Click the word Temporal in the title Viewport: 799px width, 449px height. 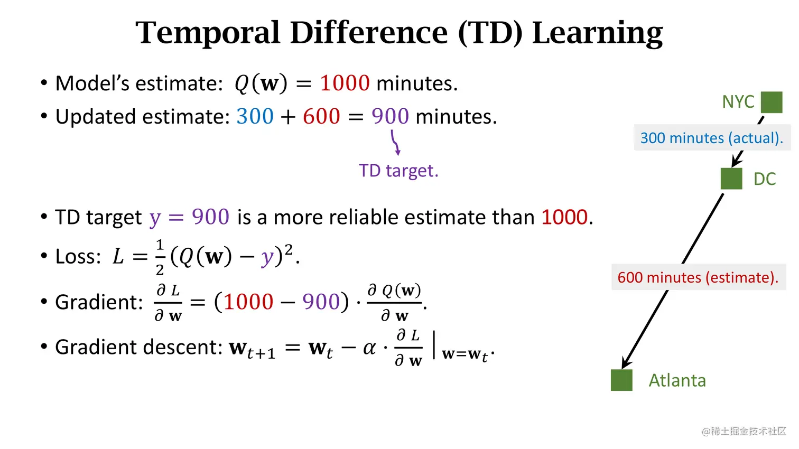[x=208, y=33]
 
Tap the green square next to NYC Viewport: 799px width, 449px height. [x=772, y=102]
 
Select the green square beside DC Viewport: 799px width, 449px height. [x=731, y=179]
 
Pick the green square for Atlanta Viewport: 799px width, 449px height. [x=621, y=380]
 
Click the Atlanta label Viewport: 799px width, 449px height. [x=677, y=380]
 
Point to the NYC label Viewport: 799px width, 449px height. [x=738, y=102]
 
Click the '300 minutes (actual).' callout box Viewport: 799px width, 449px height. [x=712, y=138]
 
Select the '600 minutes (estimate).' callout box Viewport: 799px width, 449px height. [x=699, y=277]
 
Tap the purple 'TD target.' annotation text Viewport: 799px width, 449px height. [x=398, y=171]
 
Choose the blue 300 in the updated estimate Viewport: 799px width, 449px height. [x=255, y=116]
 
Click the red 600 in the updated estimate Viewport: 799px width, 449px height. [x=321, y=116]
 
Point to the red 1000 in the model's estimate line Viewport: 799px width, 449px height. [x=345, y=83]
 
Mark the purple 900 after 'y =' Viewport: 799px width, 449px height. [x=210, y=217]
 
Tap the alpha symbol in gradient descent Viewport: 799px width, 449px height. [x=369, y=348]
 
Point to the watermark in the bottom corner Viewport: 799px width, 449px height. [x=744, y=431]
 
